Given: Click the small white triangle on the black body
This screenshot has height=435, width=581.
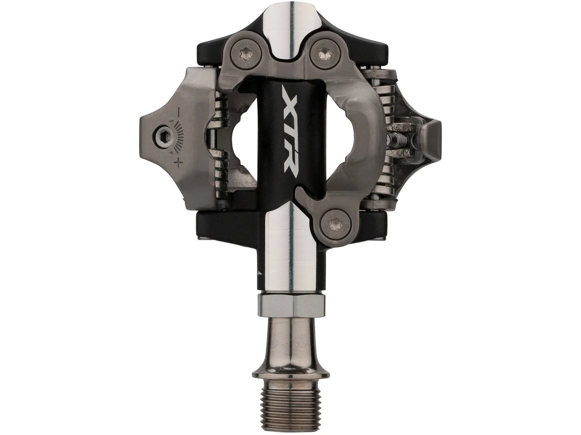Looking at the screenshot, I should click(259, 273).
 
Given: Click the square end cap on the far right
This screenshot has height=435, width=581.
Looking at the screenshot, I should click(431, 136).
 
